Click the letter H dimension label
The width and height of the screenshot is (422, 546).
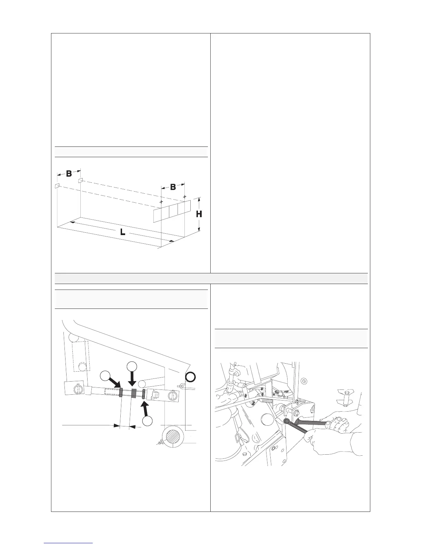(x=199, y=214)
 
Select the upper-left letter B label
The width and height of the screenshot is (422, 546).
(x=69, y=174)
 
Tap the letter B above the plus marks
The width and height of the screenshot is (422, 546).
(x=173, y=187)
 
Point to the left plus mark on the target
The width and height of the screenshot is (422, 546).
(x=161, y=201)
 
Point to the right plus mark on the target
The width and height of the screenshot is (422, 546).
(x=184, y=196)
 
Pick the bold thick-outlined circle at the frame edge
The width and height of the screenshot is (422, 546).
(x=190, y=377)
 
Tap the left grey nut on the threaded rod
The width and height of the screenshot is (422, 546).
(x=121, y=393)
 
